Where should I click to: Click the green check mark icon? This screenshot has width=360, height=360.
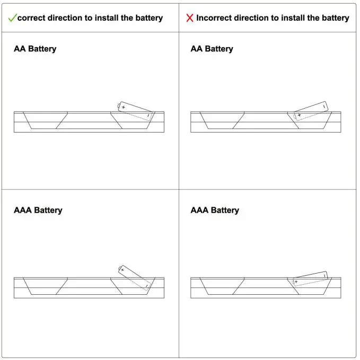pos(12,17)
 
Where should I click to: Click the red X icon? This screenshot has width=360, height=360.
pos(190,18)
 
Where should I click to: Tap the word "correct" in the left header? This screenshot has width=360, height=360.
pos(32,18)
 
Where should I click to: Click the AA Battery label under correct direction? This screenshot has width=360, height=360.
pos(35,49)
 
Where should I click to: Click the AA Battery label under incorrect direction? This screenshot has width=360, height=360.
pos(212,49)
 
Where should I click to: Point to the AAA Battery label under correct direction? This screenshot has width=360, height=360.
pos(38,210)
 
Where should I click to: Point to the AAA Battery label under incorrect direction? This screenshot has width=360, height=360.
pos(215,210)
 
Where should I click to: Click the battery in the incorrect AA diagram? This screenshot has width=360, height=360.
pos(311,111)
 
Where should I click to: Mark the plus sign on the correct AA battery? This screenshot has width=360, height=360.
pos(124,107)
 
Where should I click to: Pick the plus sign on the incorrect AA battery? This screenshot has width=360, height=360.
pos(299,115)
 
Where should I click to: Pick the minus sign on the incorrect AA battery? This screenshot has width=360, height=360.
pos(323,107)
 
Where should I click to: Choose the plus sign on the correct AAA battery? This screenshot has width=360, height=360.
pos(122,269)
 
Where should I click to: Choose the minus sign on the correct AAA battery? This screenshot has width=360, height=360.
pos(146,286)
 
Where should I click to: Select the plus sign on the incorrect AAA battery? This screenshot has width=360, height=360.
pos(296,282)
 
